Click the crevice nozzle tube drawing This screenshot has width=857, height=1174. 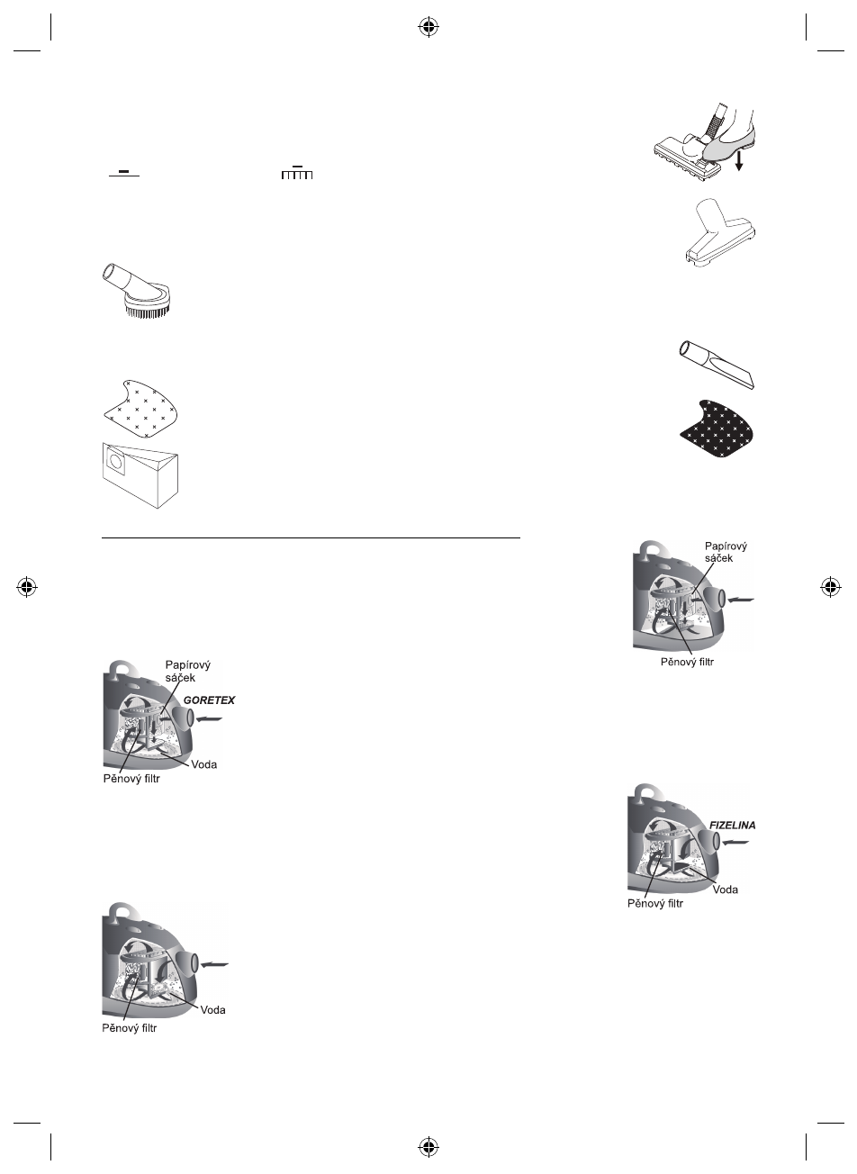click(717, 365)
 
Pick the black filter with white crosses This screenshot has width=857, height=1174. click(716, 430)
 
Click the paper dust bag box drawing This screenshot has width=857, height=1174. click(143, 474)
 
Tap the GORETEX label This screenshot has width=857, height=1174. click(209, 700)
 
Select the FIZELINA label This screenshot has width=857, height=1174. click(730, 825)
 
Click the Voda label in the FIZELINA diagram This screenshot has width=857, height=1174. click(726, 890)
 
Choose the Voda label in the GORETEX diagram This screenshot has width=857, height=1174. click(204, 764)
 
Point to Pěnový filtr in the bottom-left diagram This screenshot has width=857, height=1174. click(129, 1028)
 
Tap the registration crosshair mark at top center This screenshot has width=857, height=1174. click(428, 27)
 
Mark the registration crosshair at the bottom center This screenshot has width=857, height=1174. click(428, 1146)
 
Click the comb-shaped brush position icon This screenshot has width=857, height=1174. click(296, 173)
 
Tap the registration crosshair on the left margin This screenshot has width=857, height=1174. click(26, 587)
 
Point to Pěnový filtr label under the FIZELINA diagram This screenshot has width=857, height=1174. click(655, 903)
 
